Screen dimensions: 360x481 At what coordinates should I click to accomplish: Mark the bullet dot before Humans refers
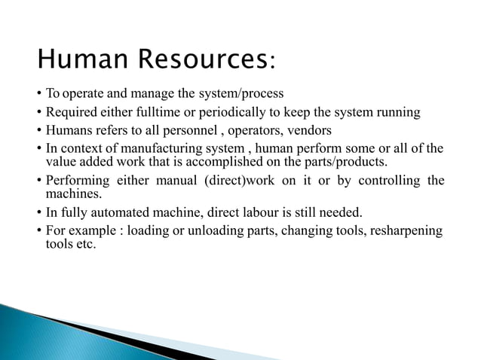(x=38, y=130)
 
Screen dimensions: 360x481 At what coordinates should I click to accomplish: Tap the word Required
(x=72, y=113)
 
